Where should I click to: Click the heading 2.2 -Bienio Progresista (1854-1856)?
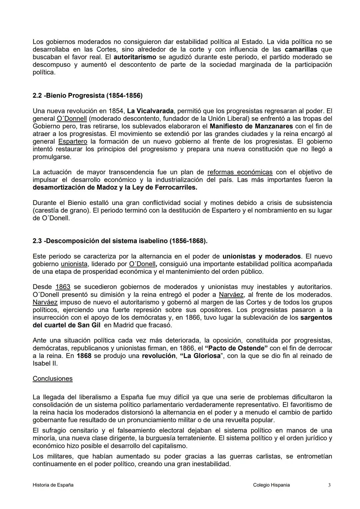click(87, 96)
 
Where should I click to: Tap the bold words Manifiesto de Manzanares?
click(251, 126)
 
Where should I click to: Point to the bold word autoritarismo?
click(135, 57)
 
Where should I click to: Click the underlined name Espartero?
click(72, 141)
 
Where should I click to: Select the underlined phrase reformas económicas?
click(240, 172)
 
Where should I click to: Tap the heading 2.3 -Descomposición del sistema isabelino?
click(120, 241)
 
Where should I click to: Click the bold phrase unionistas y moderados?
click(261, 256)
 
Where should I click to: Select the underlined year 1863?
click(63, 287)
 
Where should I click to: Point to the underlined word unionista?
click(74, 264)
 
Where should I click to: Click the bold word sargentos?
click(316, 317)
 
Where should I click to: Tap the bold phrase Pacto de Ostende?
click(236, 348)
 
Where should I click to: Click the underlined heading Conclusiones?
click(52, 379)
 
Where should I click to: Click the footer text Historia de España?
click(53, 485)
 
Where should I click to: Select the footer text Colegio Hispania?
click(271, 485)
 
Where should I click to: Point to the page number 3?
click(329, 485)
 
